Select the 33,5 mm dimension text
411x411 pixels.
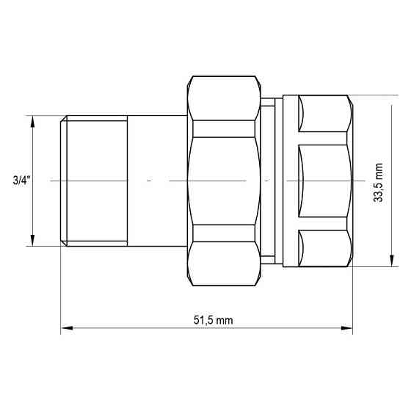point(378,182)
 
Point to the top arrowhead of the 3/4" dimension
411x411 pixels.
point(32,121)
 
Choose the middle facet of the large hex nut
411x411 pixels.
point(225,181)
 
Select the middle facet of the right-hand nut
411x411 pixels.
point(323,181)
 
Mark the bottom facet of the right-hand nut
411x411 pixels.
point(323,248)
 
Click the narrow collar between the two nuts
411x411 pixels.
point(272,181)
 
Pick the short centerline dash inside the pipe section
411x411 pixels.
point(149,181)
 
